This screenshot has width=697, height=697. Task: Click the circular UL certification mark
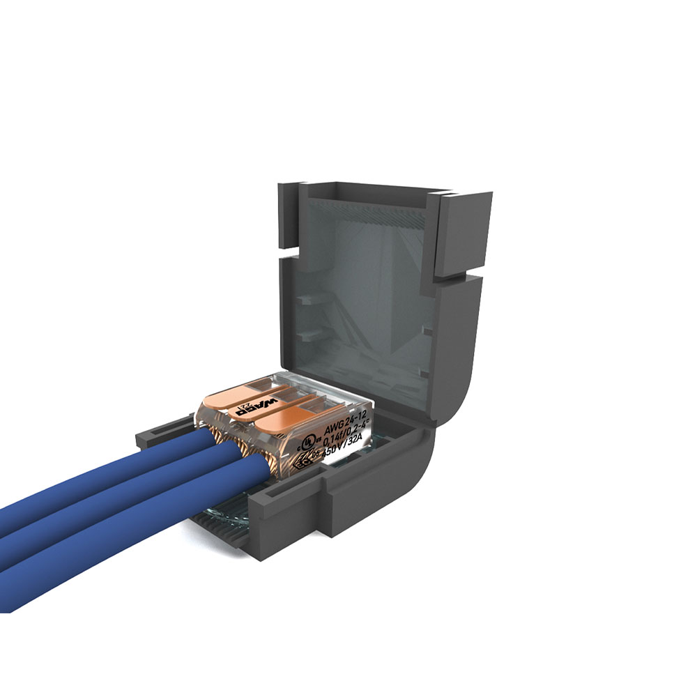[304, 443]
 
